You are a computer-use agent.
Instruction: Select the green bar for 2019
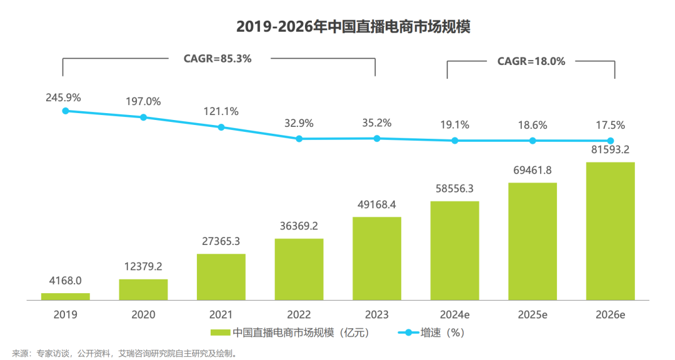click(66, 296)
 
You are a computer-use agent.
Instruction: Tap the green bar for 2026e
click(610, 231)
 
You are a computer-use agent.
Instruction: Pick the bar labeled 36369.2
click(299, 269)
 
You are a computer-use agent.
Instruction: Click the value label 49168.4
click(377, 204)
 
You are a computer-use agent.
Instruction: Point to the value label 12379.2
click(143, 266)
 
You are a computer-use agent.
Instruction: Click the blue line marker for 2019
click(66, 111)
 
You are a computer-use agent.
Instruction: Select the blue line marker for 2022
click(299, 139)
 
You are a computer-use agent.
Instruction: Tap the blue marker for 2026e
click(611, 141)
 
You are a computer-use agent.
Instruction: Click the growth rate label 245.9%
click(63, 97)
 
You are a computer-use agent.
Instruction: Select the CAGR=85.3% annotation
click(217, 59)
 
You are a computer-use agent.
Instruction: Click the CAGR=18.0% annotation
click(531, 61)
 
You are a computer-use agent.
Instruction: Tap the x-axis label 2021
click(221, 314)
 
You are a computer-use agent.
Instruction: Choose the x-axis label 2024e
click(454, 314)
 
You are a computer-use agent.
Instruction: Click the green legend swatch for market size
click(221, 332)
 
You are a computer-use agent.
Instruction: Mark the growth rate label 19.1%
click(454, 125)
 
